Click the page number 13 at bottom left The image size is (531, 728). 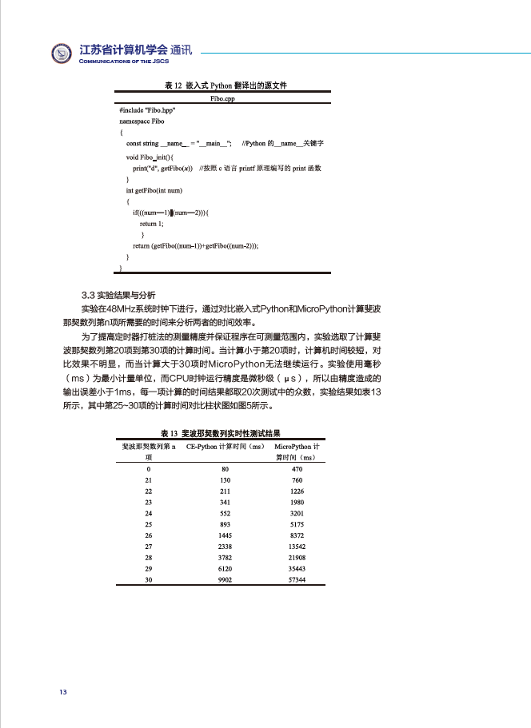[62, 691]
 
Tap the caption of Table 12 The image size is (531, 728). [226, 84]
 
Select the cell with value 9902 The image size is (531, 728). [225, 578]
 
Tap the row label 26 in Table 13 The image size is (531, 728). [148, 523]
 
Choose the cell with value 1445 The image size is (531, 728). [225, 523]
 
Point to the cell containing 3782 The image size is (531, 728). [225, 556]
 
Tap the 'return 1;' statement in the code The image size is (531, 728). [151, 225]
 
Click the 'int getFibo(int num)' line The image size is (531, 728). [154, 190]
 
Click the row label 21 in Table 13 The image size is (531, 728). [148, 479]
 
